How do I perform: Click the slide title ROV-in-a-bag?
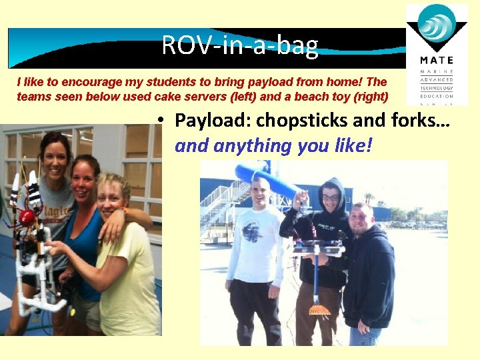[240, 46]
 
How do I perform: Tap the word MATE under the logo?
[437, 61]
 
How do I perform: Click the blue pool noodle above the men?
[267, 179]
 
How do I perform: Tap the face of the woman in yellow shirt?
[111, 195]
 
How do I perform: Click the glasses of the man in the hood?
[331, 197]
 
